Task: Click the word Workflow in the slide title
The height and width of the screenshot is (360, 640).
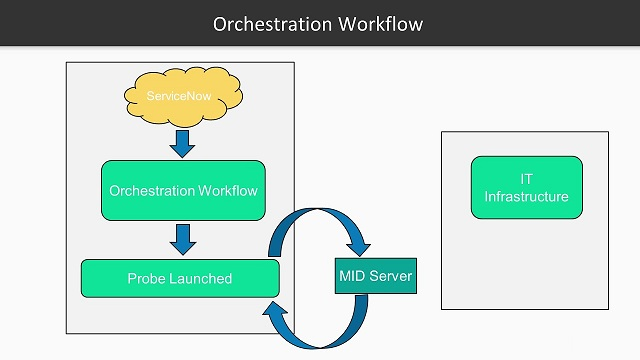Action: click(x=382, y=23)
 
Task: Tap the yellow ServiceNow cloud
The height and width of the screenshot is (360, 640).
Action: click(x=183, y=96)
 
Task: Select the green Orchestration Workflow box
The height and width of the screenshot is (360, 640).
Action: click(x=183, y=190)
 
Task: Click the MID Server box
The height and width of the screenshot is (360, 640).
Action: click(x=375, y=275)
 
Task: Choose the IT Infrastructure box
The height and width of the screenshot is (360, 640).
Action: click(x=526, y=187)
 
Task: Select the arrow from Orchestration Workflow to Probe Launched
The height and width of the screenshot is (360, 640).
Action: click(x=183, y=238)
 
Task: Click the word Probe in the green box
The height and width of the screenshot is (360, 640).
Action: click(x=147, y=278)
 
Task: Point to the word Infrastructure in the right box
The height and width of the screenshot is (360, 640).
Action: click(x=526, y=196)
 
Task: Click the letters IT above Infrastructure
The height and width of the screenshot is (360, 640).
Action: click(x=526, y=178)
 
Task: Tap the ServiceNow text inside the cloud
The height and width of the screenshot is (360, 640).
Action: click(x=177, y=96)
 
